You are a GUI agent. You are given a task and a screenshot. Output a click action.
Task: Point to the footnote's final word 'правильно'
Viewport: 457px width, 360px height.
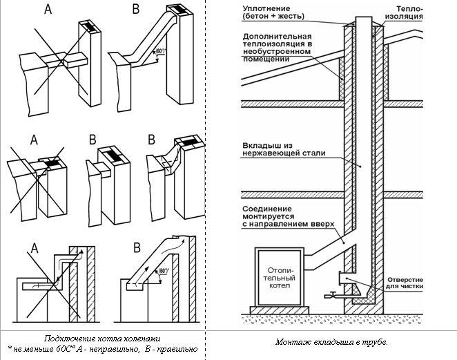point(180,349)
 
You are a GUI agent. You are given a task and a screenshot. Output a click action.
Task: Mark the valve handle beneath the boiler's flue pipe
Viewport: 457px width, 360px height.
point(330,296)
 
